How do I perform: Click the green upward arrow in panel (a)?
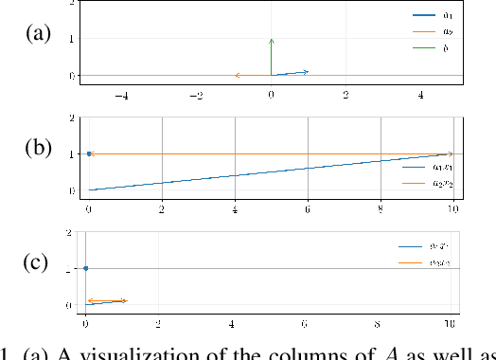click(x=272, y=57)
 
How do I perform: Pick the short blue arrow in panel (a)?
click(x=290, y=73)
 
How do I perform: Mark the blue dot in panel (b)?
click(x=89, y=153)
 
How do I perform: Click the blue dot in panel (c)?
click(x=86, y=268)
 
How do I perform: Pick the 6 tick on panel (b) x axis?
click(x=308, y=208)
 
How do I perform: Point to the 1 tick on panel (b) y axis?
click(x=71, y=153)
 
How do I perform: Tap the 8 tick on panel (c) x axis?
click(x=381, y=323)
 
